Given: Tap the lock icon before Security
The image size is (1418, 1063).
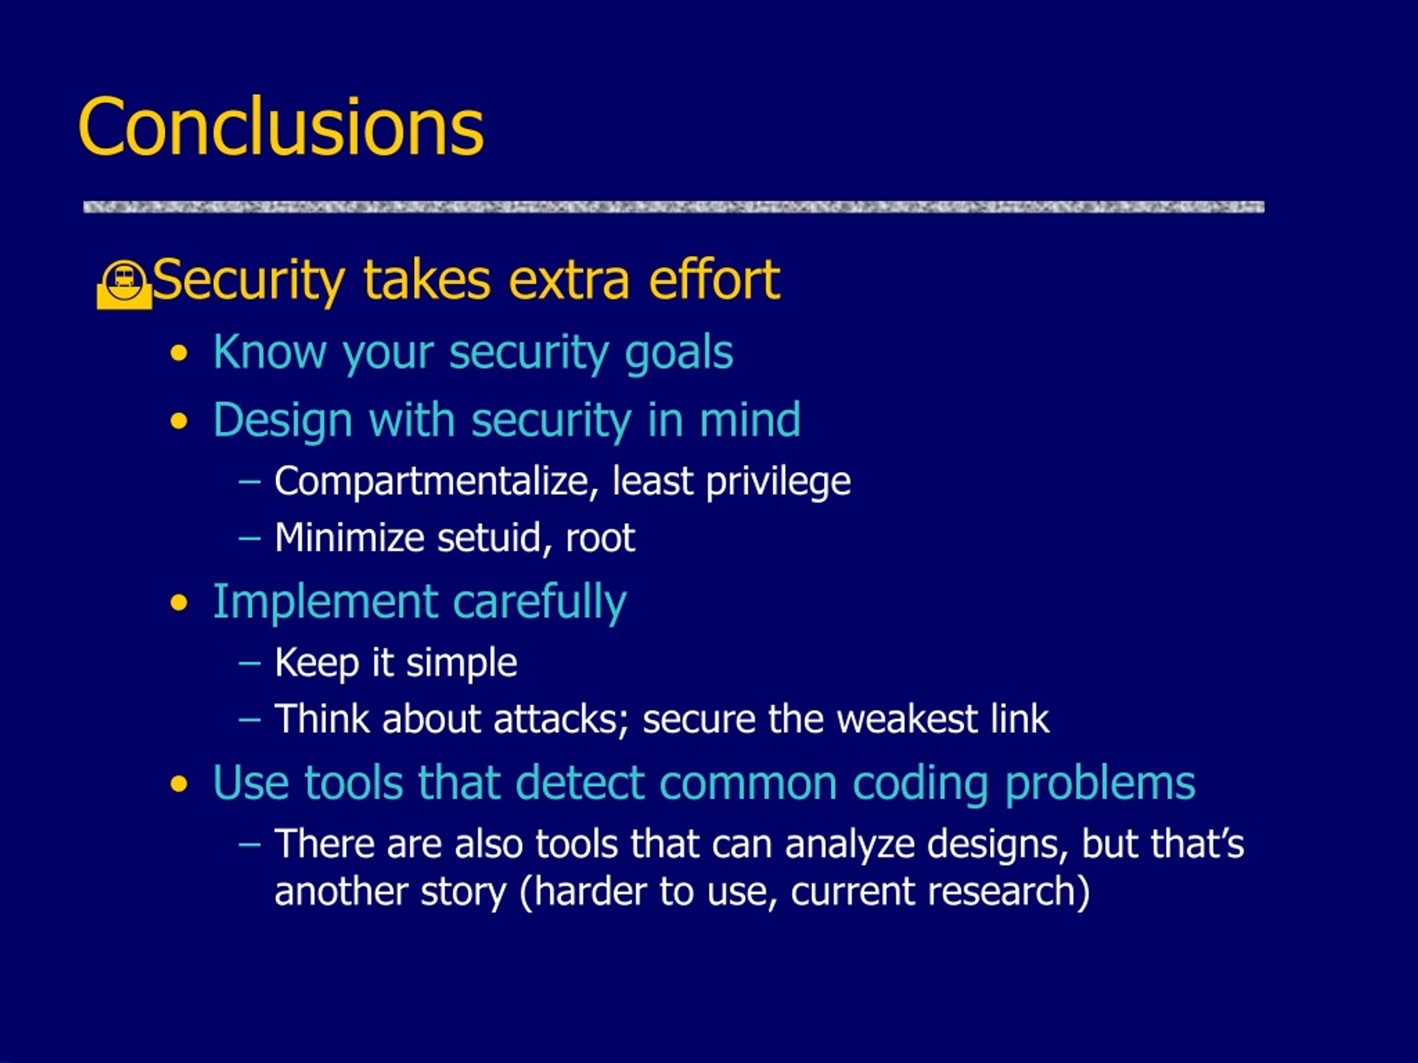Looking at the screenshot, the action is [x=125, y=285].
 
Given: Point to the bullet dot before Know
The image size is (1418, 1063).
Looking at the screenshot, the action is [x=179, y=354].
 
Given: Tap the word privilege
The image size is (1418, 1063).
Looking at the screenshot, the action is [x=778, y=482].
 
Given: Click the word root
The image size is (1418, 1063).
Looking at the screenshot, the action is [x=600, y=538].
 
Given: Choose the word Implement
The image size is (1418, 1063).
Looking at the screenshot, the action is [x=325, y=603].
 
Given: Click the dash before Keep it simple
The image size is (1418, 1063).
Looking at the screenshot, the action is [x=249, y=663].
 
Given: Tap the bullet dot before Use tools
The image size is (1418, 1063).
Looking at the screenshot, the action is [x=179, y=785].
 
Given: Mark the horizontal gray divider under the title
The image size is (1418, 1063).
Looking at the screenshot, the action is [x=674, y=207].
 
